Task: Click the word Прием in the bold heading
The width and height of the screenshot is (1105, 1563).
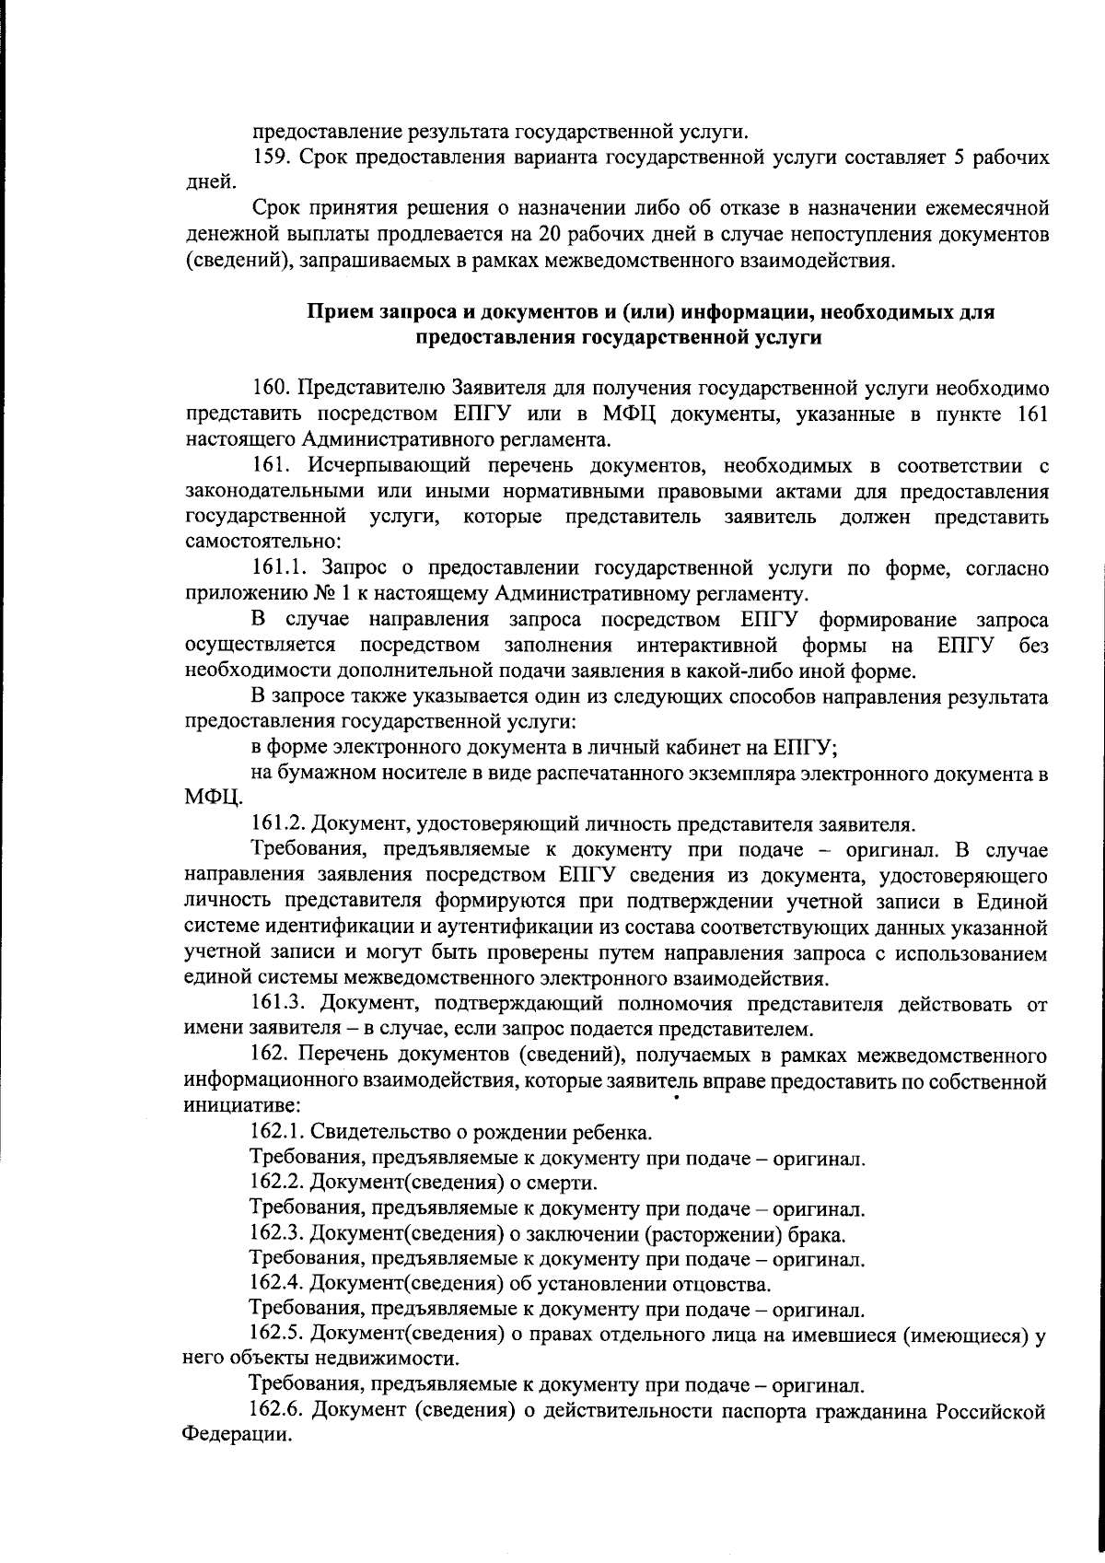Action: (341, 313)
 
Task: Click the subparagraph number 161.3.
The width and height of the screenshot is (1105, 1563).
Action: (277, 1001)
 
